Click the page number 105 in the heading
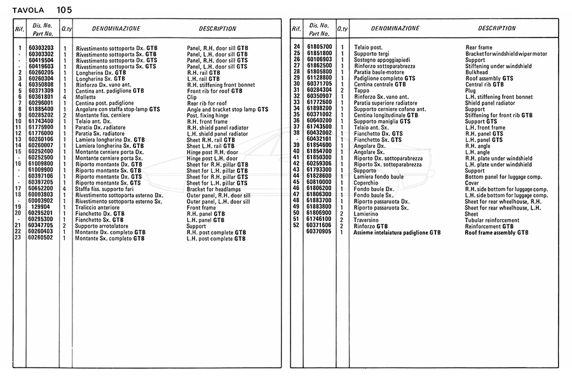pos(64,10)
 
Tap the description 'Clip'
pos(192,96)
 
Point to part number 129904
pos(41,207)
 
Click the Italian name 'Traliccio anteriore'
pos(97,207)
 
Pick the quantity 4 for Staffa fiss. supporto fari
pos(65,189)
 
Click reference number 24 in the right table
pos(296,47)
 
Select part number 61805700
pos(319,47)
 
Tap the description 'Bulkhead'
pos(477,72)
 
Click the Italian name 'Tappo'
pos(360,90)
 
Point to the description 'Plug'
pos(471,90)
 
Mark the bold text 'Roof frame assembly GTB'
pos(496,232)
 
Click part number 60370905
pos(319,232)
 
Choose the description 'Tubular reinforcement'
pos(492,220)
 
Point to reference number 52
pos(296,225)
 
